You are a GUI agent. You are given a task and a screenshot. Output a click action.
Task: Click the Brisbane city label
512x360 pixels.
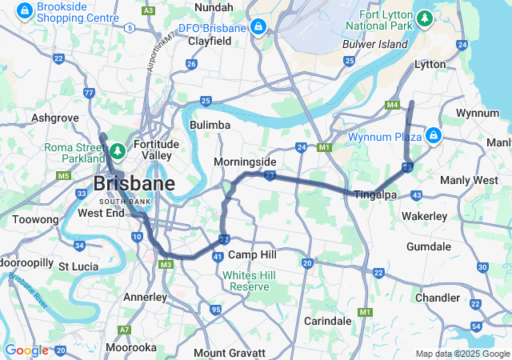click(x=134, y=183)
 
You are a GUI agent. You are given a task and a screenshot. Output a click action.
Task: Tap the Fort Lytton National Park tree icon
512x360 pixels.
click(x=425, y=17)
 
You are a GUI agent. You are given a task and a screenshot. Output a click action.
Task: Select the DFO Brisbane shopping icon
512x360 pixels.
click(x=258, y=28)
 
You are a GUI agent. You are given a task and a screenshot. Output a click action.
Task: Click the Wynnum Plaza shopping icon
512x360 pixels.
click(x=433, y=136)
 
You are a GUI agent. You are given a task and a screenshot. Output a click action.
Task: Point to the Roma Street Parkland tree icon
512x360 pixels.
click(x=117, y=150)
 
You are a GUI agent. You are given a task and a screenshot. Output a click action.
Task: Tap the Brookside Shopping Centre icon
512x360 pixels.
click(x=26, y=11)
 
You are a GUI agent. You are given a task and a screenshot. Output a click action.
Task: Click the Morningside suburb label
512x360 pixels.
click(x=245, y=162)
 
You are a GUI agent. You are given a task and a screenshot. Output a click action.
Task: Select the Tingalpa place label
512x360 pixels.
click(x=376, y=194)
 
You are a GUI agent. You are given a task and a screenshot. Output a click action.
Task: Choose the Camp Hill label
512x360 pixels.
click(x=252, y=254)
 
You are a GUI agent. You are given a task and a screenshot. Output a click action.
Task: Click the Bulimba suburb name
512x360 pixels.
click(x=210, y=125)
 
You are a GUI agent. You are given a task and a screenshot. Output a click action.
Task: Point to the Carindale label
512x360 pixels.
click(x=328, y=321)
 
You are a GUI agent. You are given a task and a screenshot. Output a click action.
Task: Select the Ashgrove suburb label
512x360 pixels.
click(x=54, y=118)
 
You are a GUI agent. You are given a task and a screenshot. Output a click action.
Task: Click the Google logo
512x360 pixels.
click(x=26, y=350)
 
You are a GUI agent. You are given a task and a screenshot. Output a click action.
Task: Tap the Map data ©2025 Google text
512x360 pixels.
click(x=462, y=354)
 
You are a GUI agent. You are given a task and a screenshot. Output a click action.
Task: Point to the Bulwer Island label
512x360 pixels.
click(x=375, y=45)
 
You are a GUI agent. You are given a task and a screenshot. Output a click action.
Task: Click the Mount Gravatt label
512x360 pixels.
click(x=230, y=353)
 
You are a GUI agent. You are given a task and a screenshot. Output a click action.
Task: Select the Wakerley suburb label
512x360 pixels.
click(x=424, y=216)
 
